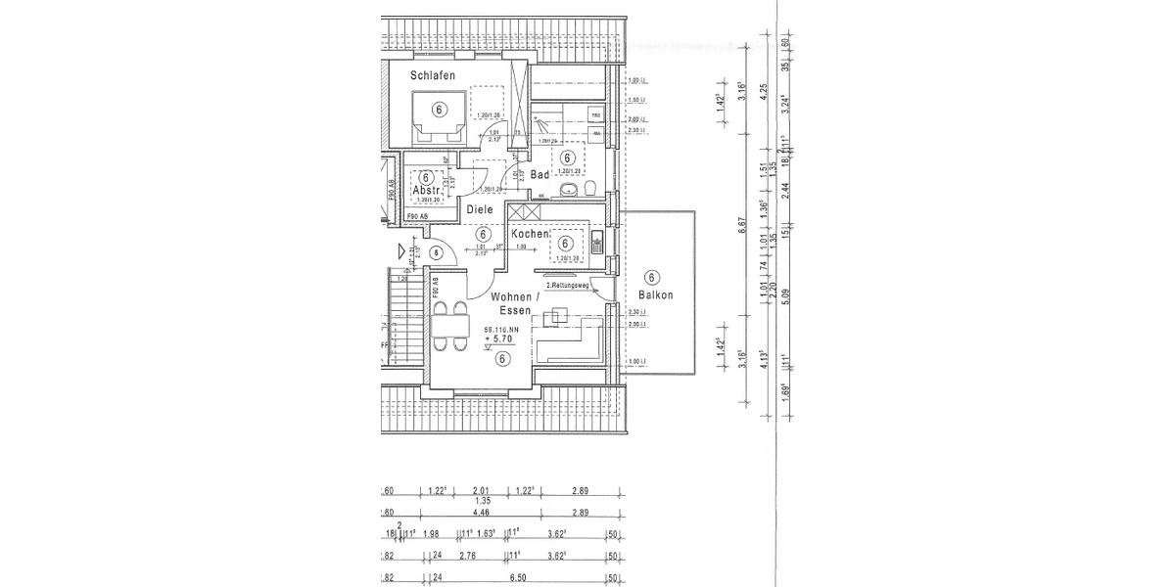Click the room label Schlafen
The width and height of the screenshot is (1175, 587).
432,74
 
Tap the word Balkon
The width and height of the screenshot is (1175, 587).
654,293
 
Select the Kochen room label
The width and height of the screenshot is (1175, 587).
530,234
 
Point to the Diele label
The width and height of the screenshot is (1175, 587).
480,209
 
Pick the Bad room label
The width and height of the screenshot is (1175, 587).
540,174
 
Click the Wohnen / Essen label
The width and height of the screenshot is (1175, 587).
511,302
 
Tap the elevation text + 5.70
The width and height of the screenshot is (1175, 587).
500,339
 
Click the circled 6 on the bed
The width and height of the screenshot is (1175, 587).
439,110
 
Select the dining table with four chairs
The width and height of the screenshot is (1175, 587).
450,327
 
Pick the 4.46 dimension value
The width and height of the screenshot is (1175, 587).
481,512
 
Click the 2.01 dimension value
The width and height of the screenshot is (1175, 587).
481,491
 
